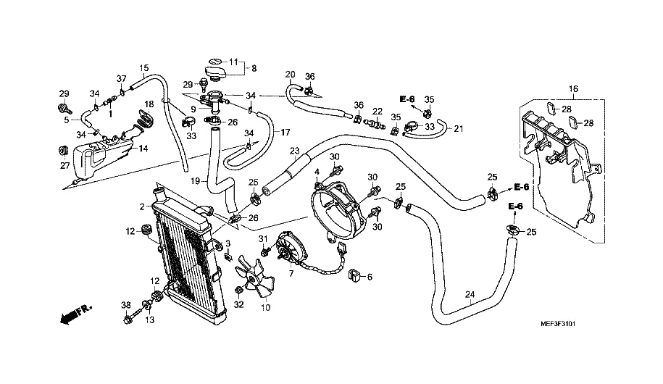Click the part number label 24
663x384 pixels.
pos(469,295)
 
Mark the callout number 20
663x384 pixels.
pos(290,75)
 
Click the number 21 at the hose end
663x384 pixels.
pos(458,129)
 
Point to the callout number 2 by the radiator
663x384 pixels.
pos(142,207)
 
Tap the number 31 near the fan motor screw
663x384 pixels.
pos(264,240)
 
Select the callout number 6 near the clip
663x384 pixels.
pos(369,277)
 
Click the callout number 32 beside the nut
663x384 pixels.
pos(238,305)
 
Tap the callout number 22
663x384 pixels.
pos(377,111)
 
